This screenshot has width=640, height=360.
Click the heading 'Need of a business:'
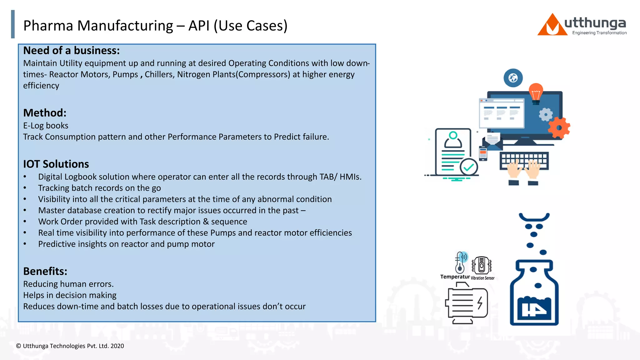tap(71, 51)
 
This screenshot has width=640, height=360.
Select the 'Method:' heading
tap(45, 113)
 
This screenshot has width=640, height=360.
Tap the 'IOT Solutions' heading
tap(56, 164)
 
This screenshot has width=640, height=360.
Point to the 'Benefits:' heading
tap(45, 271)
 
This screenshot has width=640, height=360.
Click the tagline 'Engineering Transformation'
tap(599, 33)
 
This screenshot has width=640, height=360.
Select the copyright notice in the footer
tap(70, 346)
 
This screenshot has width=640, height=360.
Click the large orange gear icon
tap(559, 127)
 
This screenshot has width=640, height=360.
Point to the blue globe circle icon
tap(513, 78)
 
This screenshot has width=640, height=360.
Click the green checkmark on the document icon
tap(468, 167)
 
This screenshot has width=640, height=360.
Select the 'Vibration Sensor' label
tap(482, 278)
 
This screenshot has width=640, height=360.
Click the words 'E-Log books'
tap(46, 126)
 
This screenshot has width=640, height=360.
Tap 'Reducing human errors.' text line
tap(68, 284)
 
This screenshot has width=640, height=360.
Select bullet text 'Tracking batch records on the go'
tap(99, 188)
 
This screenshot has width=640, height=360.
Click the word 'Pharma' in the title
tap(48, 26)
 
